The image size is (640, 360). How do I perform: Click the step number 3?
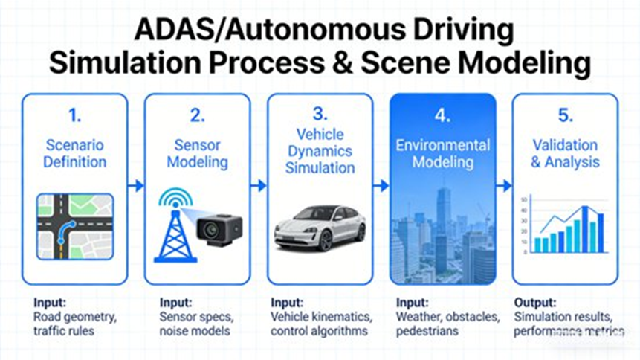(320, 113)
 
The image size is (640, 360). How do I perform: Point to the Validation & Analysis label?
(565, 153)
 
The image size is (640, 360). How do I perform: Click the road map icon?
(75, 228)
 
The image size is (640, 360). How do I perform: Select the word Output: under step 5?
(535, 303)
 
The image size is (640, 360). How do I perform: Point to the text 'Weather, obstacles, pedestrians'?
(446, 324)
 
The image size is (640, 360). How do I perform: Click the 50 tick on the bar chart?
(524, 199)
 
